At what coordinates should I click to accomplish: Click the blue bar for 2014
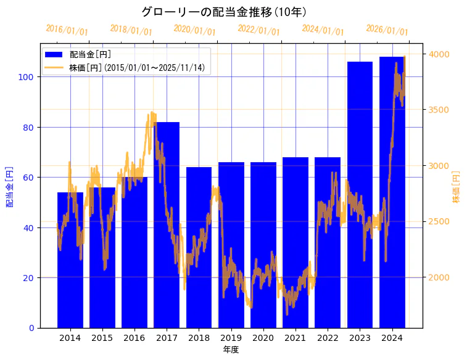tap(70, 260)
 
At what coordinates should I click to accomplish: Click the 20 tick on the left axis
tap(31, 278)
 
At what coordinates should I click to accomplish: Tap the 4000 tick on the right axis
tap(439, 54)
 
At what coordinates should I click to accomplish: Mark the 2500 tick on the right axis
tap(439, 222)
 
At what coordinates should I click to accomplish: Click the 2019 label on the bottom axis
tap(231, 338)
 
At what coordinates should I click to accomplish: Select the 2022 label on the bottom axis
tap(328, 338)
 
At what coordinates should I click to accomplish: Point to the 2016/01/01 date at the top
tap(67, 30)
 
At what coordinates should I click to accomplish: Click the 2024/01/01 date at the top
tap(323, 30)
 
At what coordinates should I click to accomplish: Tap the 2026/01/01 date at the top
tap(387, 30)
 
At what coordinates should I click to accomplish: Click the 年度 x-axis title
tap(231, 350)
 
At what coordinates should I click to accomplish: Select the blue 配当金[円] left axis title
tap(10, 186)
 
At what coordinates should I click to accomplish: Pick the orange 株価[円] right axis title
tap(457, 187)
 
